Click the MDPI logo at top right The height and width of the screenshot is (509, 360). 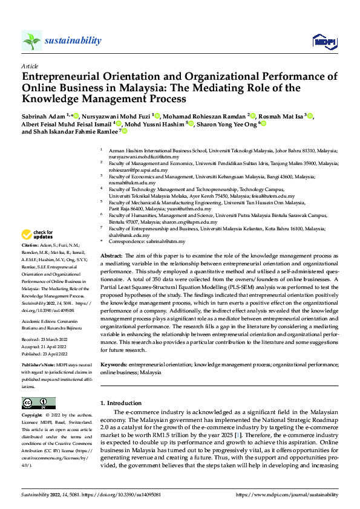322,41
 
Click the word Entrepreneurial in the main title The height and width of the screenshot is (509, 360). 61,77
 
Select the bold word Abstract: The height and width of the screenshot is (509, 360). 111,256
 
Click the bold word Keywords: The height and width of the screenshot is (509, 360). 114,366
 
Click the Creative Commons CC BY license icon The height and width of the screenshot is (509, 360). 38,404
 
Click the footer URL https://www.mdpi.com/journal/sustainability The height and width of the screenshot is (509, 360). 287,494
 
